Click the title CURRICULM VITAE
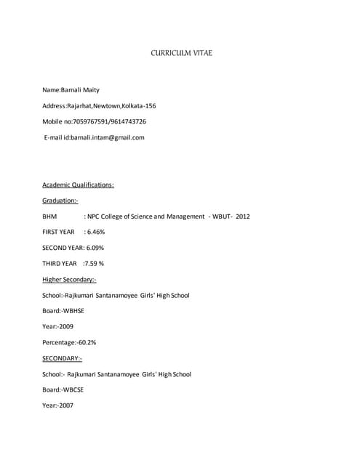tap(182, 54)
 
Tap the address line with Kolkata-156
tap(99, 106)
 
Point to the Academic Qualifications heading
tap(78, 185)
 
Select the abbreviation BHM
tap(49, 217)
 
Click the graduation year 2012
tap(243, 217)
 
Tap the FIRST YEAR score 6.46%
tap(95, 232)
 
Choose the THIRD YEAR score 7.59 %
tap(95, 264)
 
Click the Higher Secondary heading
tap(69, 280)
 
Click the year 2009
tap(65, 327)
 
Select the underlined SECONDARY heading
tap(62, 358)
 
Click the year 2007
tap(65, 405)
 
